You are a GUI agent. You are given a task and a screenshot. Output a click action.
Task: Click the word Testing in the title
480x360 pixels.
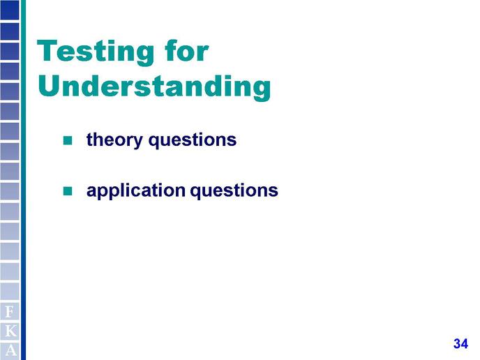pos(96,52)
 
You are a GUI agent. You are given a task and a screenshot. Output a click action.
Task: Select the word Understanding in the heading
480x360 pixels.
pos(154,87)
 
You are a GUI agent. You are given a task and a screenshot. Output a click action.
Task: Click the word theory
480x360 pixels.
pos(114,140)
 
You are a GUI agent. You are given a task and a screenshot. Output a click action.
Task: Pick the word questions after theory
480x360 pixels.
pos(193,140)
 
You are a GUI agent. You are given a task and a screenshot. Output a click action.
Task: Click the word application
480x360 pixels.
pos(136,190)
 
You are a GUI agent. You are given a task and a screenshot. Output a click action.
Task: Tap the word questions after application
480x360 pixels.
pos(234,191)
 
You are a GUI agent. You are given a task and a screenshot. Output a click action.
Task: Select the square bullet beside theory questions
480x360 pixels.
pos(68,140)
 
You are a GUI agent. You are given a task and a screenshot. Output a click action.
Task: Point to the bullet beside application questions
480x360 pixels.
pos(68,191)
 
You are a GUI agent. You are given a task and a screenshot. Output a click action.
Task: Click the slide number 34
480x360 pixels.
pos(460,343)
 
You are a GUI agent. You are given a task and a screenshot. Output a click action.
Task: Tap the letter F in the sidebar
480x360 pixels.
pos(10,312)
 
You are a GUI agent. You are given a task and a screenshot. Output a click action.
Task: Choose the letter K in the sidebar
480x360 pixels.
pos(10,331)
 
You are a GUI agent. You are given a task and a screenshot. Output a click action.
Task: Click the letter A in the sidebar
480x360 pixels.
pos(10,350)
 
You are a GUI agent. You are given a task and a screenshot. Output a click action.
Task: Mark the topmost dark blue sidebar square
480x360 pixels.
pos(10,10)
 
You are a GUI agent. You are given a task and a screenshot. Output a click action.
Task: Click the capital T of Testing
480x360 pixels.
pos(47,51)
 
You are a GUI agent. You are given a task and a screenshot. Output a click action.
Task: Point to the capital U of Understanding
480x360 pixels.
pos(50,86)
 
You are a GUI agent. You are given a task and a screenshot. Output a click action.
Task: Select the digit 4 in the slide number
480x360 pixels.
pos(465,343)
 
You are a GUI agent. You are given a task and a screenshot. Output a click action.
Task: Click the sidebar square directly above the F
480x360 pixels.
pos(10,292)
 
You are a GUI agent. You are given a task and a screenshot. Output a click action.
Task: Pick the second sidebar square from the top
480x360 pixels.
pos(10,31)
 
